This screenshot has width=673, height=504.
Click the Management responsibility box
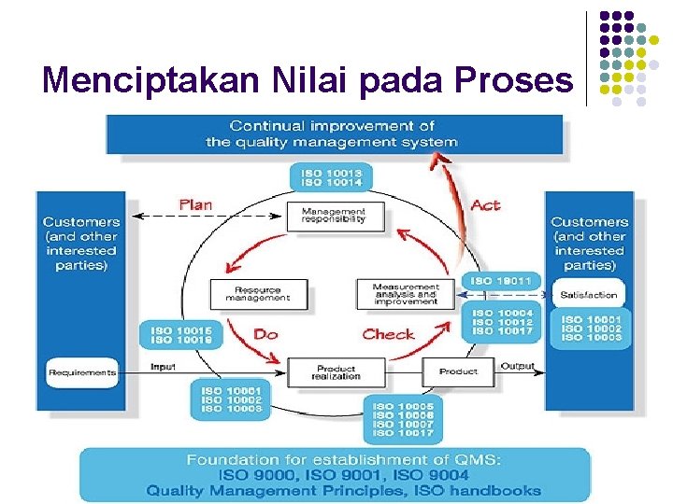tap(334, 216)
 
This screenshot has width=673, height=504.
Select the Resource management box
tap(258, 295)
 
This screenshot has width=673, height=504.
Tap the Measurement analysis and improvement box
tap(405, 295)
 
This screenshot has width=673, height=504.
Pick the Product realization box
tap(336, 372)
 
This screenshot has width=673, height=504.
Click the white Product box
tap(458, 371)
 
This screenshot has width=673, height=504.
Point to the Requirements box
tap(82, 372)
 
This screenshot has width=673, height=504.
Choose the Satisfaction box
tap(589, 295)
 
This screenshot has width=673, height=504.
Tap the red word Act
tap(486, 204)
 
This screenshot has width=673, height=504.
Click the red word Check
tap(389, 333)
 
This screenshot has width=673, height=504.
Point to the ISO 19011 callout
tap(501, 280)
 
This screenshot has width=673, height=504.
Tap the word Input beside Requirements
tap(163, 367)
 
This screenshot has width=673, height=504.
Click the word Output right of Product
tap(517, 367)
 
